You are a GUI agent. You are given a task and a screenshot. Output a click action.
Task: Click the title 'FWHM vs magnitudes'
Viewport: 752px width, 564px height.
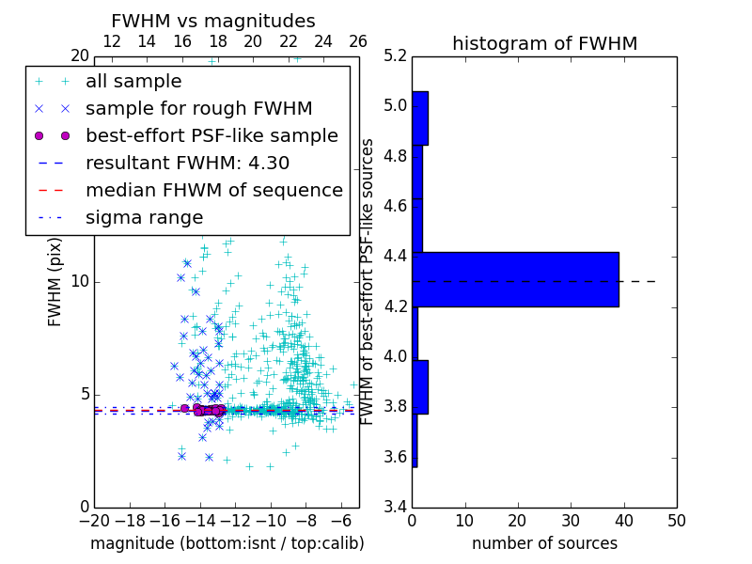click(x=213, y=21)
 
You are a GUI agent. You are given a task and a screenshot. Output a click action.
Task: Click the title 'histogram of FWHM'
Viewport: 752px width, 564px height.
click(x=544, y=43)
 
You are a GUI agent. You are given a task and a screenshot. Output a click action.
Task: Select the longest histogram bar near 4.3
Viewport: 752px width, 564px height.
click(x=515, y=279)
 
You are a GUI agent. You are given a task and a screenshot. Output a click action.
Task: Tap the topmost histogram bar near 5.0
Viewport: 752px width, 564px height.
click(x=420, y=117)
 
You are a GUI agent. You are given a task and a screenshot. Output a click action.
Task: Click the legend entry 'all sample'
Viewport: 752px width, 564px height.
click(x=133, y=82)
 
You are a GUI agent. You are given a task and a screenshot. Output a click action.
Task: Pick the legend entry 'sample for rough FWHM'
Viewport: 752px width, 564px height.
click(x=198, y=108)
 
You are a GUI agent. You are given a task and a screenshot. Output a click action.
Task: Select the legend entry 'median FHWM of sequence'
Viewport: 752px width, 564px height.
click(x=213, y=190)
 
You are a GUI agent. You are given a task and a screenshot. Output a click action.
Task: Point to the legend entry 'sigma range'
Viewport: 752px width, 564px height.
click(x=144, y=217)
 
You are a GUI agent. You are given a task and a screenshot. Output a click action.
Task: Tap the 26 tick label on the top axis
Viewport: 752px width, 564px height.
click(x=358, y=41)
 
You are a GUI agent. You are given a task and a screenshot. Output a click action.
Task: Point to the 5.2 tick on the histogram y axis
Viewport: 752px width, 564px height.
click(x=396, y=55)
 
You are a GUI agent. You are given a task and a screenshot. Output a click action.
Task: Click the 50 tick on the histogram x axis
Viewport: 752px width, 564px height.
click(x=676, y=522)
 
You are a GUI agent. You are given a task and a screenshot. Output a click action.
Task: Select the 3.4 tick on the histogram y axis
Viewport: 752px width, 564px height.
click(x=396, y=507)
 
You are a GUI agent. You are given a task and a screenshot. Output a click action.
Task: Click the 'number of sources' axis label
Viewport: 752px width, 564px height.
click(x=544, y=543)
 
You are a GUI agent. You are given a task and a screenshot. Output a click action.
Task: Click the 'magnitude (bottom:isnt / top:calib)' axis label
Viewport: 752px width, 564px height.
click(x=227, y=543)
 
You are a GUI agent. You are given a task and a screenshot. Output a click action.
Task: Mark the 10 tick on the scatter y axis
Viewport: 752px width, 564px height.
click(x=79, y=281)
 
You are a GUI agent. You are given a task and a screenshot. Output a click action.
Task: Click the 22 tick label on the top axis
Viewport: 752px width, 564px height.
click(x=288, y=41)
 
